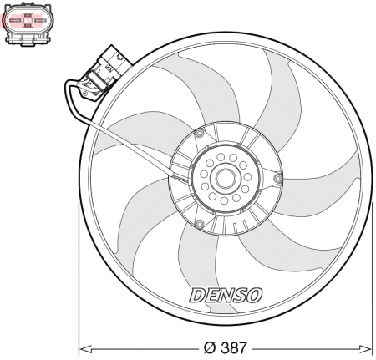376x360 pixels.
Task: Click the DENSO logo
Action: tap(225, 294)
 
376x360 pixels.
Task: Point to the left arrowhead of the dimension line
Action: tap(84, 347)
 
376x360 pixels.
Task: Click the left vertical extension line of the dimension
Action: tap(79, 276)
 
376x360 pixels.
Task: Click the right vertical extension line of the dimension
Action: tap(372, 276)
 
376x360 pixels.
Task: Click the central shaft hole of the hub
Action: tap(226, 178)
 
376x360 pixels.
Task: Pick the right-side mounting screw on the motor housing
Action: tap(277, 179)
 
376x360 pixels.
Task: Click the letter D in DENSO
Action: tap(197, 294)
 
